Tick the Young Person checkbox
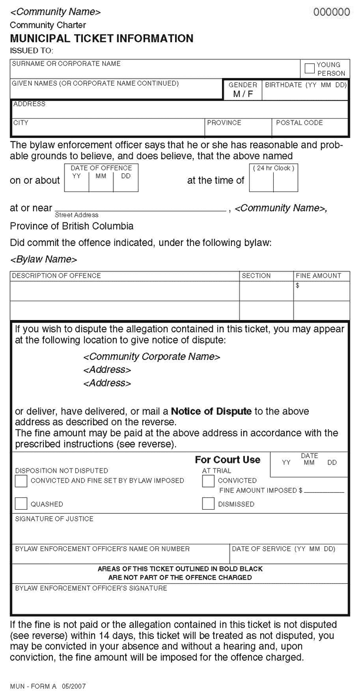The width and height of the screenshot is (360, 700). [309, 69]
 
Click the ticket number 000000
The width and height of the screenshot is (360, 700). [331, 12]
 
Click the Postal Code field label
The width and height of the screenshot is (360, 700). [299, 123]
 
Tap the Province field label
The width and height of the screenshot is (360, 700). [224, 123]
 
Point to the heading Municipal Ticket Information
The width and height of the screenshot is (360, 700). [102, 39]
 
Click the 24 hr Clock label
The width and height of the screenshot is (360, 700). [274, 169]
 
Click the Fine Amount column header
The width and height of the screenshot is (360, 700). [318, 275]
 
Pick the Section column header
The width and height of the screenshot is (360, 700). [256, 275]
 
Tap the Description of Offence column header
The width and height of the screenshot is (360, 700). [56, 275]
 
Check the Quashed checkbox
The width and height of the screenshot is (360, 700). [21, 503]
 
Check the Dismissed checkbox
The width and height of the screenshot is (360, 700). [208, 503]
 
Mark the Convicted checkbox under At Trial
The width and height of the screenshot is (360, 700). [208, 481]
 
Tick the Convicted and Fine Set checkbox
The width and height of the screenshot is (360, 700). [21, 481]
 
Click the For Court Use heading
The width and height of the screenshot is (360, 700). [227, 460]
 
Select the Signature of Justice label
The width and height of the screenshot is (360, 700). [54, 519]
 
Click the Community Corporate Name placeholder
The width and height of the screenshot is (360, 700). [152, 356]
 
